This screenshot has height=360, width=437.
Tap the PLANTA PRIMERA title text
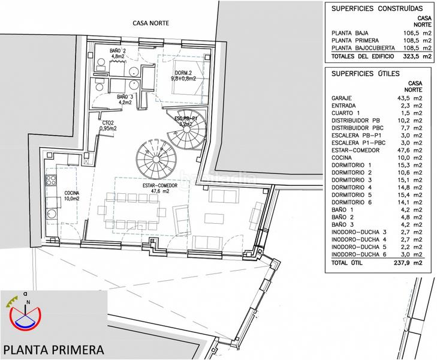(53, 349)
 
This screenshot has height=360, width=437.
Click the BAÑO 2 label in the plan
(118, 52)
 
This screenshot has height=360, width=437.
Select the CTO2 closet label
(109, 125)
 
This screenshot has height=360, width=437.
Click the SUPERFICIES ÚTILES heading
(363, 73)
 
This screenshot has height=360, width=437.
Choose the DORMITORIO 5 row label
(356, 196)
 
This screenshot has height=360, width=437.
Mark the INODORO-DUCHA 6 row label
(361, 255)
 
